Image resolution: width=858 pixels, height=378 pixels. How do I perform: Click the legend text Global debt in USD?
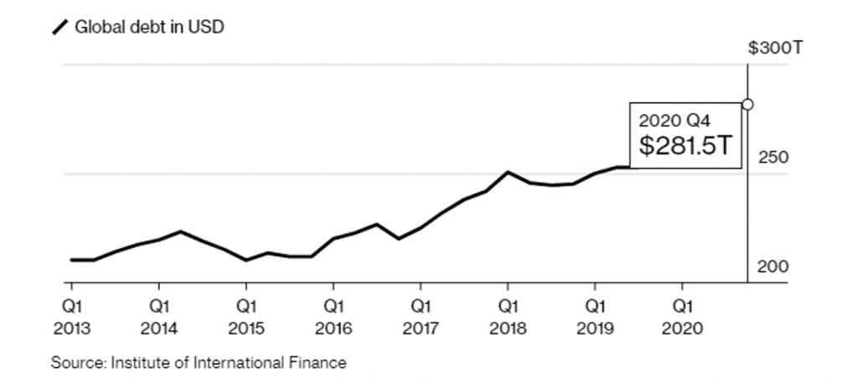point(149,27)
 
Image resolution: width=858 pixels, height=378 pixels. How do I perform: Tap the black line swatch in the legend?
point(61,28)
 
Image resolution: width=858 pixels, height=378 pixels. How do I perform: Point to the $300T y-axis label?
point(775,48)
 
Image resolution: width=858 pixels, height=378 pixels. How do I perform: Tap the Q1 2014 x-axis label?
point(159,317)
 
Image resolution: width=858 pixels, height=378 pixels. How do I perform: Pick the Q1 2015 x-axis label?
point(246,317)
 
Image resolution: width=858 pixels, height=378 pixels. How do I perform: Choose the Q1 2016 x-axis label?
point(333,317)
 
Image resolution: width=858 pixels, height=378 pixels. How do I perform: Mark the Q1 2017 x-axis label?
point(421,317)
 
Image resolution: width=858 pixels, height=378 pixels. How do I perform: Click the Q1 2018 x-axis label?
point(508,317)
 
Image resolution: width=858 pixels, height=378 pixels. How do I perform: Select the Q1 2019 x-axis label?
point(595,317)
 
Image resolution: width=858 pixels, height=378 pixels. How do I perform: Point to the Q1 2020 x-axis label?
point(682,317)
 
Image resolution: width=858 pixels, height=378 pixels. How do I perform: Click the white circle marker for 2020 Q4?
point(747,105)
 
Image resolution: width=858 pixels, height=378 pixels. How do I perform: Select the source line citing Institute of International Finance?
point(199,363)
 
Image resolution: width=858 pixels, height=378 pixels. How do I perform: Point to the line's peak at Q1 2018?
point(508,172)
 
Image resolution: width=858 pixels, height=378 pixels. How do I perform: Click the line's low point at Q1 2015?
point(246,260)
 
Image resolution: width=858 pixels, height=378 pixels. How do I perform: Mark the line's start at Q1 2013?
point(73,260)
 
